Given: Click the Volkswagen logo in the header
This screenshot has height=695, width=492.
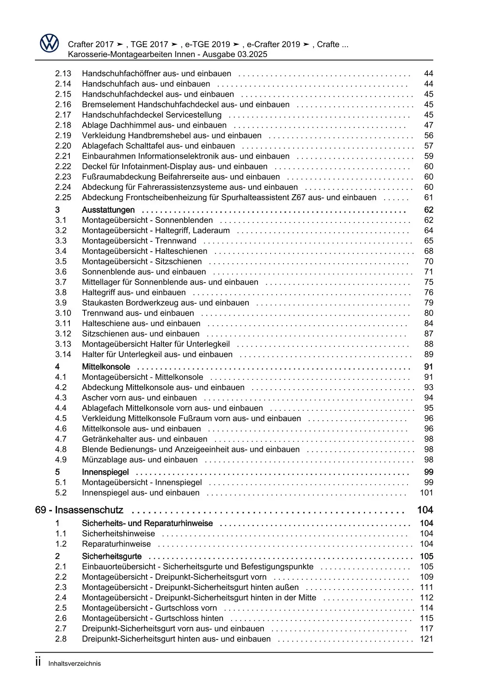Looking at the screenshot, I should point(49,43).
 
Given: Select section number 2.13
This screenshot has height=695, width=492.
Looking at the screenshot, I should point(63,74).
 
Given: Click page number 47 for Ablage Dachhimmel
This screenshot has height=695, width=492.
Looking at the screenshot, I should point(429,125).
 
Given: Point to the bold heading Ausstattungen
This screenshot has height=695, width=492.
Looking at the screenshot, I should point(108,210).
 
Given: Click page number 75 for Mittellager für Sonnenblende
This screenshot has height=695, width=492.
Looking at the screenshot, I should point(429,282).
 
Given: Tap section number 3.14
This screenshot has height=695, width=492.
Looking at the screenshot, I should point(63,354).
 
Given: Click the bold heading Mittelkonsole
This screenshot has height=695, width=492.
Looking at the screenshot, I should point(106,367).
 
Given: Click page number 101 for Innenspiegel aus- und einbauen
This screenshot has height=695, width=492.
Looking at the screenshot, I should point(427,493).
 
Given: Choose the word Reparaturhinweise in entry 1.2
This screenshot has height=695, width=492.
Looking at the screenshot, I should point(116,544).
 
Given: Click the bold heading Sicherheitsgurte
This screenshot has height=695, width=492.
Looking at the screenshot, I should point(112,557).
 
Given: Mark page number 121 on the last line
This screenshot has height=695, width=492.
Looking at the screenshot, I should point(427,639).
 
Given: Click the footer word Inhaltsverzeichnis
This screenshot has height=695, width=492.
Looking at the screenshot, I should point(75,664).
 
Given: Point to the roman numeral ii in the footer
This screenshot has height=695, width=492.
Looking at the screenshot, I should point(38,662).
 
